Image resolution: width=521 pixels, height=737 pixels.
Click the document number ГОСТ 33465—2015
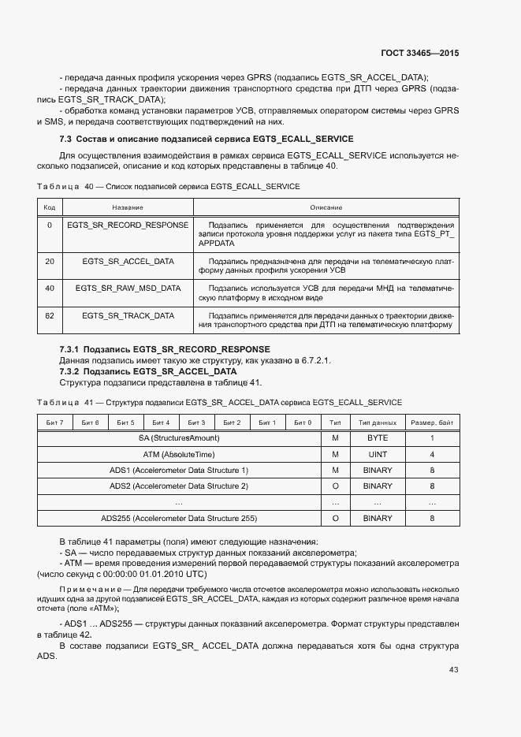[x=419, y=53]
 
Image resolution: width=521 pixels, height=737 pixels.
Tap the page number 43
[x=453, y=670]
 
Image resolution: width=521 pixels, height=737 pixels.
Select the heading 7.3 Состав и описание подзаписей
[x=207, y=139]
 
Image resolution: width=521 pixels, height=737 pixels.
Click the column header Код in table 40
[x=49, y=207]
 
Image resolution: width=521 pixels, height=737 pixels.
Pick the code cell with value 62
[x=49, y=315]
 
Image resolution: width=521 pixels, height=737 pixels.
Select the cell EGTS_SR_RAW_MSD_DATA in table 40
[x=128, y=288]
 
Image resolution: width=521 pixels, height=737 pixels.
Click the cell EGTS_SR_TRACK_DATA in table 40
[x=128, y=315]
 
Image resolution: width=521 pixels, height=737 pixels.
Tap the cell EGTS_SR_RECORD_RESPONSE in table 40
[x=128, y=225]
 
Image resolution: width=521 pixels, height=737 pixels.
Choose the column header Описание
[x=326, y=207]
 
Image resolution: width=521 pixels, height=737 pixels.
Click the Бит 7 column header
[x=55, y=422]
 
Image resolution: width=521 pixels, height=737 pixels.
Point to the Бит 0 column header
[x=303, y=422]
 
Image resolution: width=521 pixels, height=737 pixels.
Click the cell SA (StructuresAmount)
[x=179, y=437]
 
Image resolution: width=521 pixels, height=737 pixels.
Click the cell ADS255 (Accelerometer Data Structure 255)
[x=179, y=518]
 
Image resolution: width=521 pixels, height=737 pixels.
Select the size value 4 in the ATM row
[x=432, y=454]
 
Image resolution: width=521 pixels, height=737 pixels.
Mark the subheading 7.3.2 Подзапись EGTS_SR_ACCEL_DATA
[x=148, y=370]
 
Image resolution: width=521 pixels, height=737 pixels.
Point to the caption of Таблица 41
[x=219, y=402]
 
